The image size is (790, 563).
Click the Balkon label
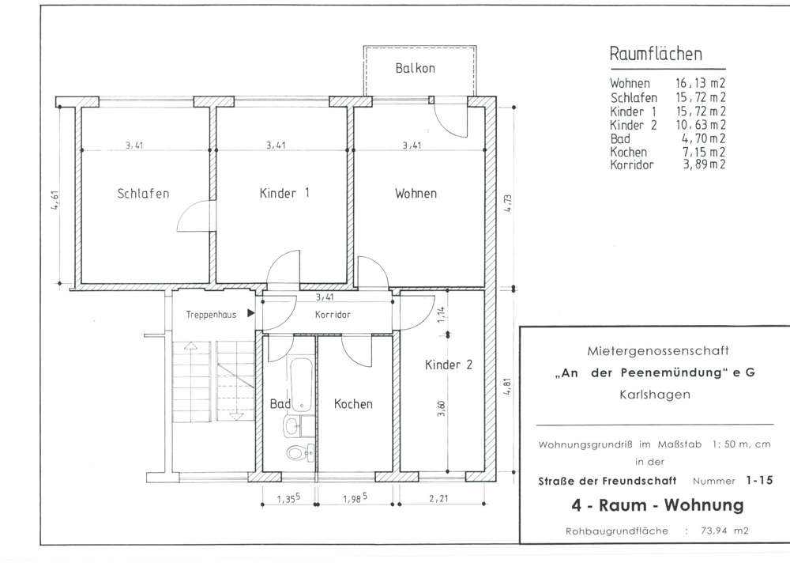coord(416,68)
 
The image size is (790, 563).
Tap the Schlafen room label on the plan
coord(143,193)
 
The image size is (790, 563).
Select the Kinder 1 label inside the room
coord(284,193)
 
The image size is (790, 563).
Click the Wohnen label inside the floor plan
coord(416,193)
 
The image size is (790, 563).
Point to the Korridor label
coord(333,315)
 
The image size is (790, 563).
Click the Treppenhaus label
coord(211,315)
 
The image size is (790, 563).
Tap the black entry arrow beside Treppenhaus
coord(251,313)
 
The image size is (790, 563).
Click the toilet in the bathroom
coord(299,452)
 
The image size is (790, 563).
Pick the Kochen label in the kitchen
coord(353,404)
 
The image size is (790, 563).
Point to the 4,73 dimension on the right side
coord(508,202)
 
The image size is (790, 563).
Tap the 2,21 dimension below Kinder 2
coord(438,498)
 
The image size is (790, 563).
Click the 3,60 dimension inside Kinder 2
coord(442,408)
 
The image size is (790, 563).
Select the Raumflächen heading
coord(656,54)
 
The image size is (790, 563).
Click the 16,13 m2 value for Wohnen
coord(700,83)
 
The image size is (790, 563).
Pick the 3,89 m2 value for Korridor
coord(704,164)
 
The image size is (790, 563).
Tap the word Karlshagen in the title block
coord(655,395)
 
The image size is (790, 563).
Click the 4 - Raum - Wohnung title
coord(657,505)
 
